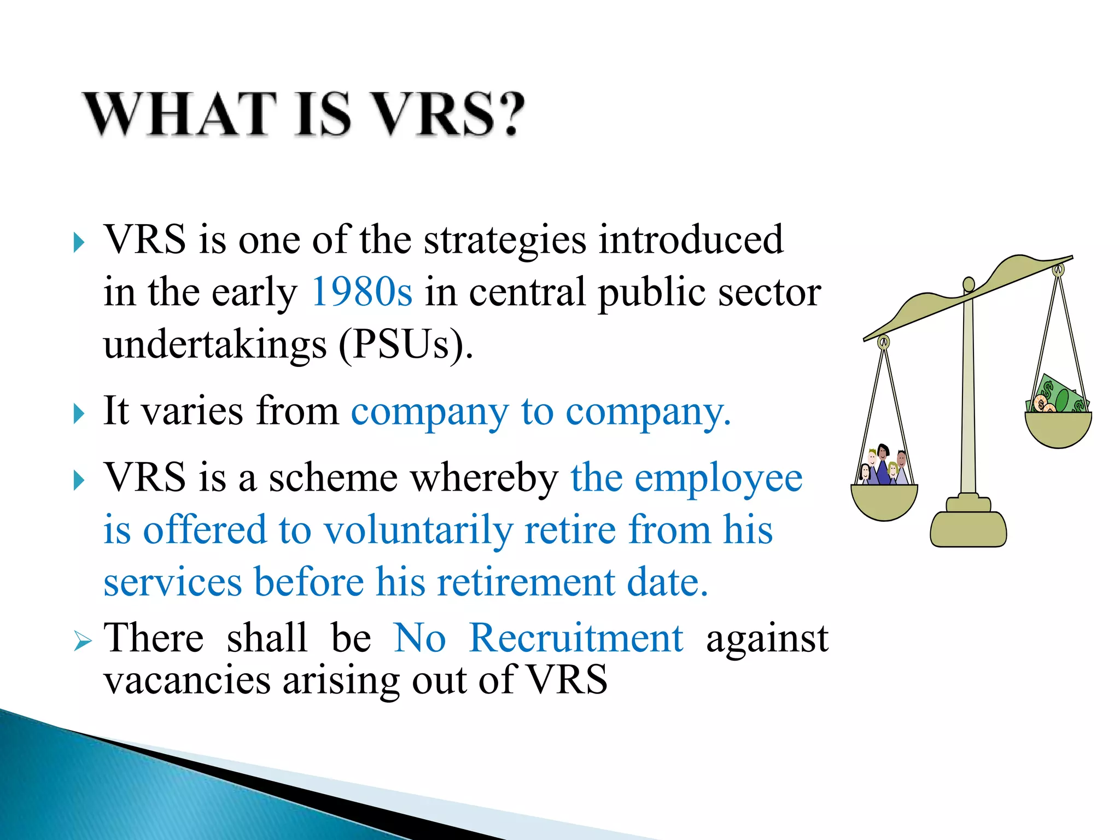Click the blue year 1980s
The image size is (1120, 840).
point(361,291)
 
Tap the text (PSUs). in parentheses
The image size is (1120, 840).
point(405,345)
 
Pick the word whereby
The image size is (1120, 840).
point(483,477)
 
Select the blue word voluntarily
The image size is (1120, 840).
point(418,530)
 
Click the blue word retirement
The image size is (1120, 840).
point(526,581)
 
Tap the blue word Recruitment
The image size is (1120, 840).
point(576,638)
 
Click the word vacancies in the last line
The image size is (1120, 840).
point(187,680)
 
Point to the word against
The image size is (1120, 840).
point(767,638)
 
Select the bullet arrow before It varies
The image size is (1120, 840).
point(79,414)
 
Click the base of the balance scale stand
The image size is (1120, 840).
point(968,528)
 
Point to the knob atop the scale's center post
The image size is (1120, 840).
point(969,284)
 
